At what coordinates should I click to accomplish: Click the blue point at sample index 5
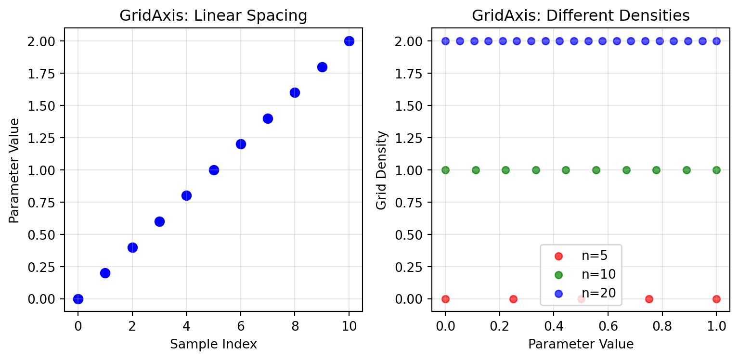214,170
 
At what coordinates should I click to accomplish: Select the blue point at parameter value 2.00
349,41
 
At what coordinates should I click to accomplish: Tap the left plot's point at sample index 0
78,299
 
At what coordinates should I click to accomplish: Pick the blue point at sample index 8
295,92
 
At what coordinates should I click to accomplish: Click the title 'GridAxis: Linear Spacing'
213,16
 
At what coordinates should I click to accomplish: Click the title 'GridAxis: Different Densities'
581,16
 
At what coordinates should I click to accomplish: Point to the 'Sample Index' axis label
213,345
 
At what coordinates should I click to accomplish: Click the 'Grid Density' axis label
382,170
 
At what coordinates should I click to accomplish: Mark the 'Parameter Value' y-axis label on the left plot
14,170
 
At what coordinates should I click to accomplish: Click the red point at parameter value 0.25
513,299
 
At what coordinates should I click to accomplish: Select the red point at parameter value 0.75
649,299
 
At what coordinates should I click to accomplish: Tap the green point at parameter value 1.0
716,170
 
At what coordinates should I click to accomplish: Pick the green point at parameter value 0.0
445,170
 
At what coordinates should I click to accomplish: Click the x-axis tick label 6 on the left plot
241,326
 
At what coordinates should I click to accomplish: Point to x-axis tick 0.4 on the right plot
554,326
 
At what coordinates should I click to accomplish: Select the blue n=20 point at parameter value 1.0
716,41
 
